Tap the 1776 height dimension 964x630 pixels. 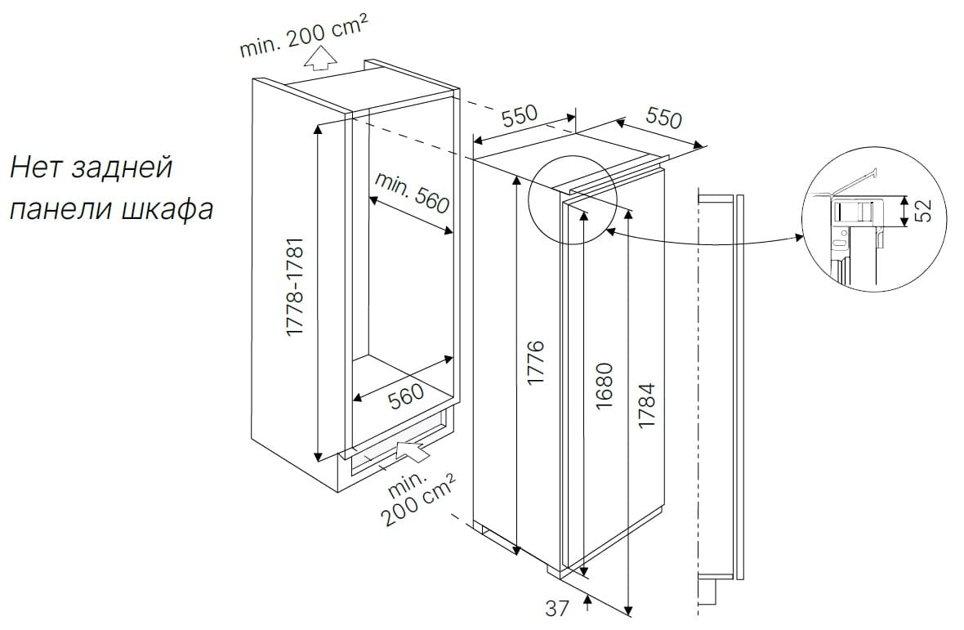click(x=536, y=362)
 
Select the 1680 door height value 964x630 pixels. click(x=605, y=386)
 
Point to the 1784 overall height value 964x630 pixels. click(x=647, y=405)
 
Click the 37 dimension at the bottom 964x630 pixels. click(x=557, y=608)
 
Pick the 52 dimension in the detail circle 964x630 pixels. click(x=923, y=210)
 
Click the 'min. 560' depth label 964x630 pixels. click(x=412, y=192)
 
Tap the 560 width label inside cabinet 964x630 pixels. click(x=406, y=395)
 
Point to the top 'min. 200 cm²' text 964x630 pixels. click(x=305, y=36)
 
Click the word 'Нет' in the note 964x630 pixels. click(x=38, y=168)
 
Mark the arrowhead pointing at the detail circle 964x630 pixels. click(x=799, y=237)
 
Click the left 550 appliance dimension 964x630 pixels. click(x=520, y=115)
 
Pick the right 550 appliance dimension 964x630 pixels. click(x=664, y=117)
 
